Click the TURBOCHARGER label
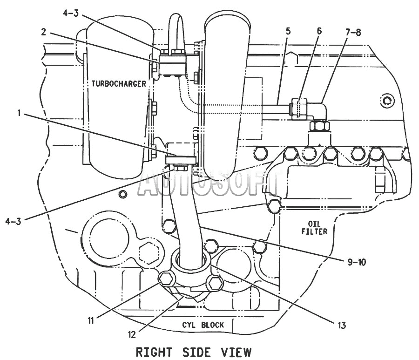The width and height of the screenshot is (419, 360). [119, 84]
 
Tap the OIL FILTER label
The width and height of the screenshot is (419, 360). [314, 228]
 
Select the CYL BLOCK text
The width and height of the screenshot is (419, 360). [203, 325]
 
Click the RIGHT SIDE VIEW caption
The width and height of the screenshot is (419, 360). [194, 352]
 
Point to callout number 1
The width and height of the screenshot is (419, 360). [19, 113]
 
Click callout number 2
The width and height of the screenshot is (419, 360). [44, 32]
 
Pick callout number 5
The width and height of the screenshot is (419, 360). [288, 31]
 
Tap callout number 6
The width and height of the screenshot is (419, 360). [319, 31]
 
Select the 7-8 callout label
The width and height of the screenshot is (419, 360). [353, 32]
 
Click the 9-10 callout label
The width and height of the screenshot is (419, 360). [357, 262]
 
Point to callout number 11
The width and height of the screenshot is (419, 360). [91, 320]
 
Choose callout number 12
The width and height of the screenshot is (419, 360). [132, 334]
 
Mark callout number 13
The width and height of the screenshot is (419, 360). [342, 325]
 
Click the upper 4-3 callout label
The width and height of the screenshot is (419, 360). [71, 13]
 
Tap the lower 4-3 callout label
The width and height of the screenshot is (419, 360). [14, 221]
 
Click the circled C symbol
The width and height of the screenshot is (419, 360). [387, 101]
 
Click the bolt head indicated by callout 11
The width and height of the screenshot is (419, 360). [167, 278]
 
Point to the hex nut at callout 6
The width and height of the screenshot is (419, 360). [299, 109]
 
